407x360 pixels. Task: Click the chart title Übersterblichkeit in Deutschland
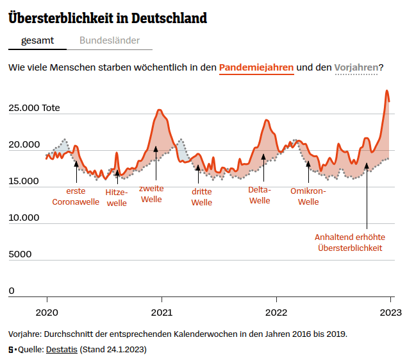tap(108, 18)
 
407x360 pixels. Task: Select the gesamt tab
tap(37, 40)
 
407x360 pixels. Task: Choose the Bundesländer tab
tap(110, 40)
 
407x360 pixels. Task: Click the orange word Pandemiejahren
tap(256, 67)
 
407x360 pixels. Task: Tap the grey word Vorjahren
tap(356, 67)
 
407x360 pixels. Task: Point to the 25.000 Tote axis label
tap(34, 108)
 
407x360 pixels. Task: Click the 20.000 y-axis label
tap(24, 144)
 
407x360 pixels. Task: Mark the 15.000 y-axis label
tap(24, 181)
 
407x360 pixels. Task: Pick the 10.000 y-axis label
tap(24, 218)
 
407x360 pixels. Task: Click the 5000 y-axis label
tap(20, 254)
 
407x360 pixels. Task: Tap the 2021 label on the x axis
tap(162, 313)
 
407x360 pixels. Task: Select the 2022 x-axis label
tap(276, 313)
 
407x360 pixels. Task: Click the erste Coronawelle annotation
tap(76, 196)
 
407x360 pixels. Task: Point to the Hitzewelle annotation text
tap(117, 198)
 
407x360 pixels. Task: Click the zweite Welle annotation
tap(151, 194)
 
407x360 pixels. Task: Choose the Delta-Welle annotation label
tap(260, 195)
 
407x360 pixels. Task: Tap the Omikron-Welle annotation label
tap(308, 196)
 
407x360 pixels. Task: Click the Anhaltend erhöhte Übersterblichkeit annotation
tap(350, 242)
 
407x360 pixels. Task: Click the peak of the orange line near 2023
tap(387, 91)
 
